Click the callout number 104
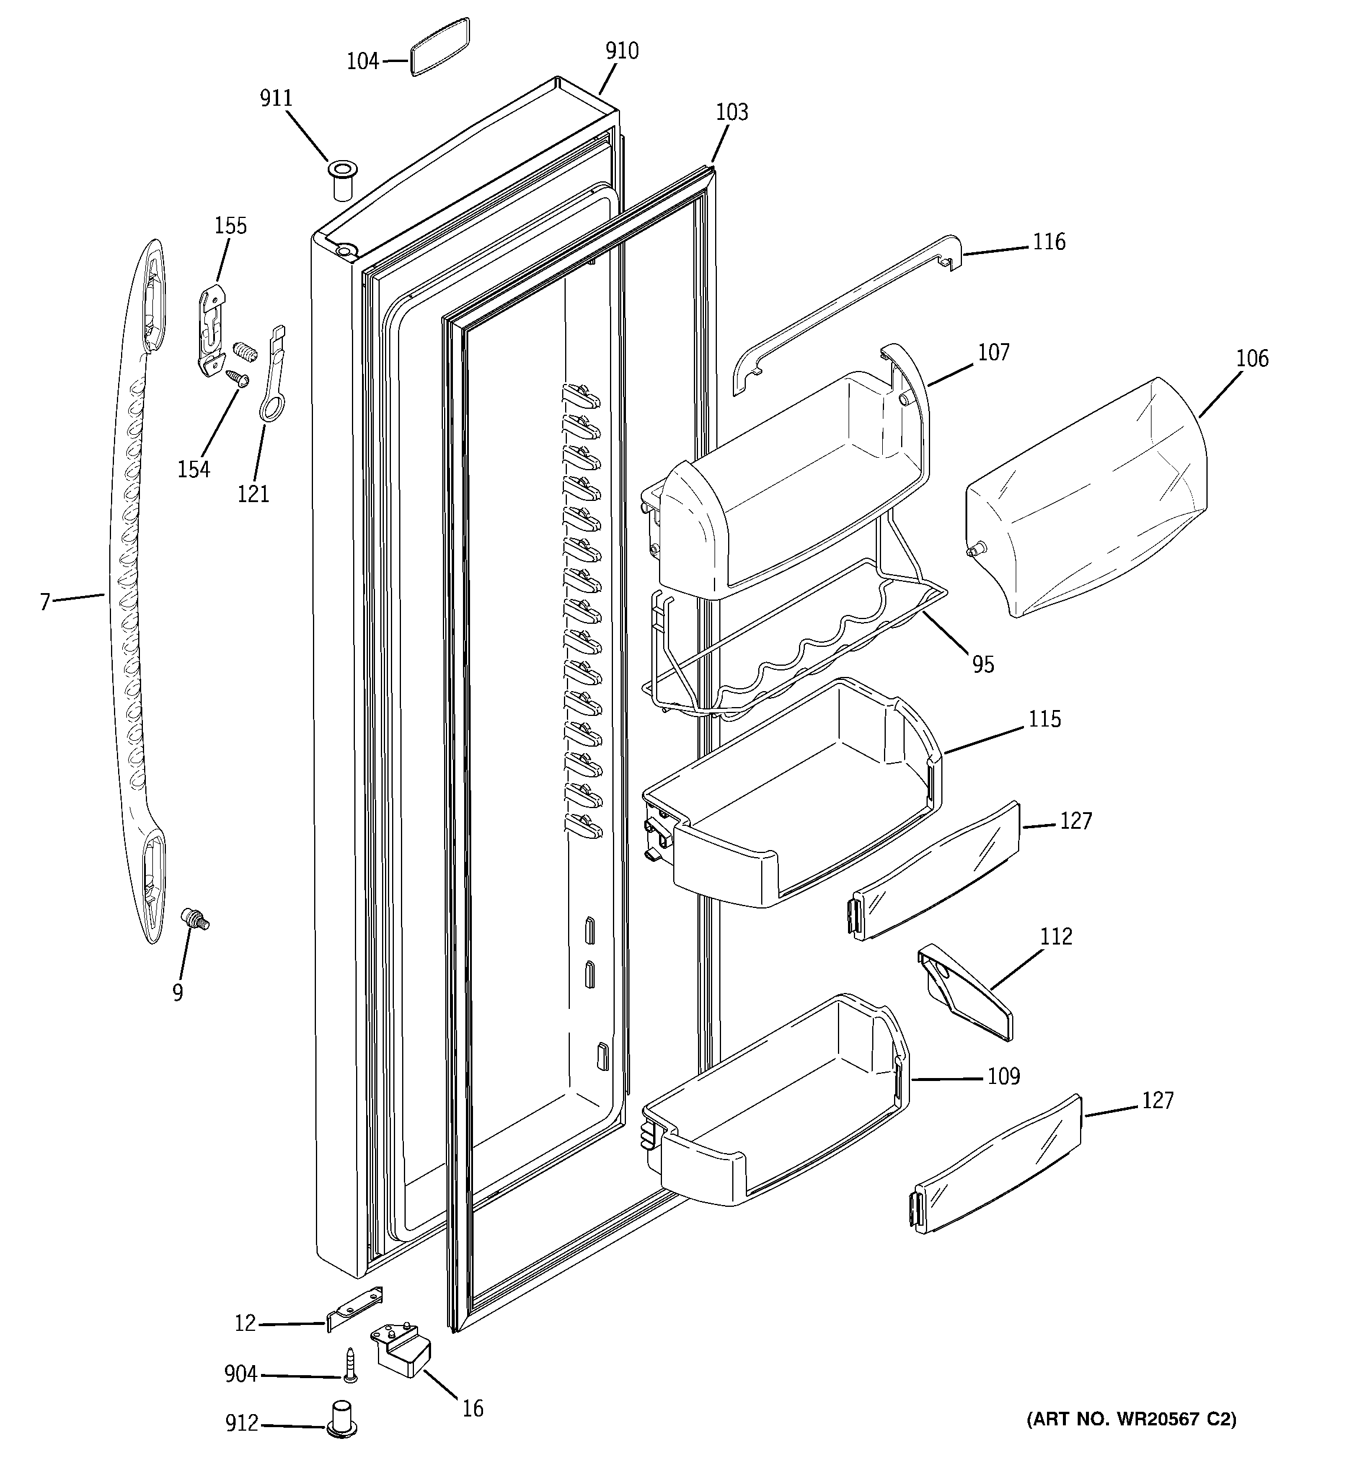click(x=363, y=61)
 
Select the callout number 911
click(x=276, y=99)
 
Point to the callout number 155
click(x=230, y=226)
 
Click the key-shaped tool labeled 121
click(x=273, y=375)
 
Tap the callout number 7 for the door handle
click(x=45, y=603)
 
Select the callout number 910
click(x=622, y=51)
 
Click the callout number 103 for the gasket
click(x=732, y=112)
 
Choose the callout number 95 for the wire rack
click(x=983, y=664)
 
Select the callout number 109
click(x=1003, y=1077)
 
